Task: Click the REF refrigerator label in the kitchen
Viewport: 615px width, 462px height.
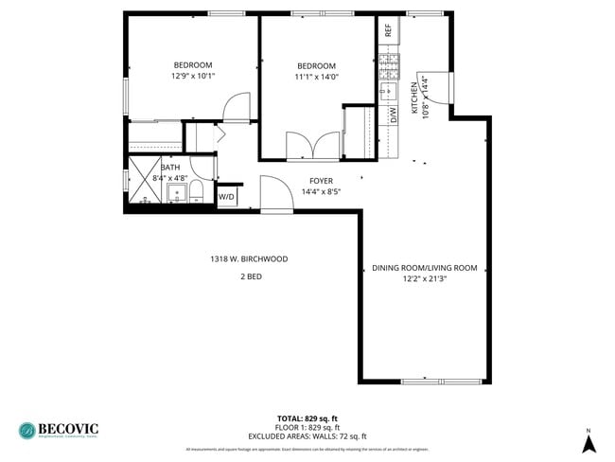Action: pyautogui.click(x=389, y=29)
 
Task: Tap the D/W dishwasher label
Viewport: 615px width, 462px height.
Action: pyautogui.click(x=393, y=115)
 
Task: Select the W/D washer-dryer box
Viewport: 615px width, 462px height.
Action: pyautogui.click(x=227, y=198)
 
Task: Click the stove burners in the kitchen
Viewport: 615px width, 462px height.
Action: pyautogui.click(x=389, y=66)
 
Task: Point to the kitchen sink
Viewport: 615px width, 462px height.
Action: pyautogui.click(x=389, y=92)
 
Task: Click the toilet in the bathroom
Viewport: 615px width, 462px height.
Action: pyautogui.click(x=196, y=193)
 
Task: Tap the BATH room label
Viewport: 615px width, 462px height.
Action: pyautogui.click(x=169, y=167)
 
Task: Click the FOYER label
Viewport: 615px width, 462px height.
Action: pyautogui.click(x=321, y=180)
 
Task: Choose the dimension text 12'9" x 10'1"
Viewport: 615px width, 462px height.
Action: pyautogui.click(x=193, y=76)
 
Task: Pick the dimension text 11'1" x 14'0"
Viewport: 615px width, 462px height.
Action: pyautogui.click(x=316, y=77)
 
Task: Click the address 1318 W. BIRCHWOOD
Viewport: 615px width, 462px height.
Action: pyautogui.click(x=249, y=258)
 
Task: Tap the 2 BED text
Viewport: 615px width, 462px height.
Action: pyautogui.click(x=250, y=276)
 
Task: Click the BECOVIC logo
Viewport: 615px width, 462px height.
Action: pyautogui.click(x=58, y=430)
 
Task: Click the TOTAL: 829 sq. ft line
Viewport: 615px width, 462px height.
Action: pyautogui.click(x=307, y=418)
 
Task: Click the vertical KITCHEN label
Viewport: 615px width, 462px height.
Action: pyautogui.click(x=413, y=98)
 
